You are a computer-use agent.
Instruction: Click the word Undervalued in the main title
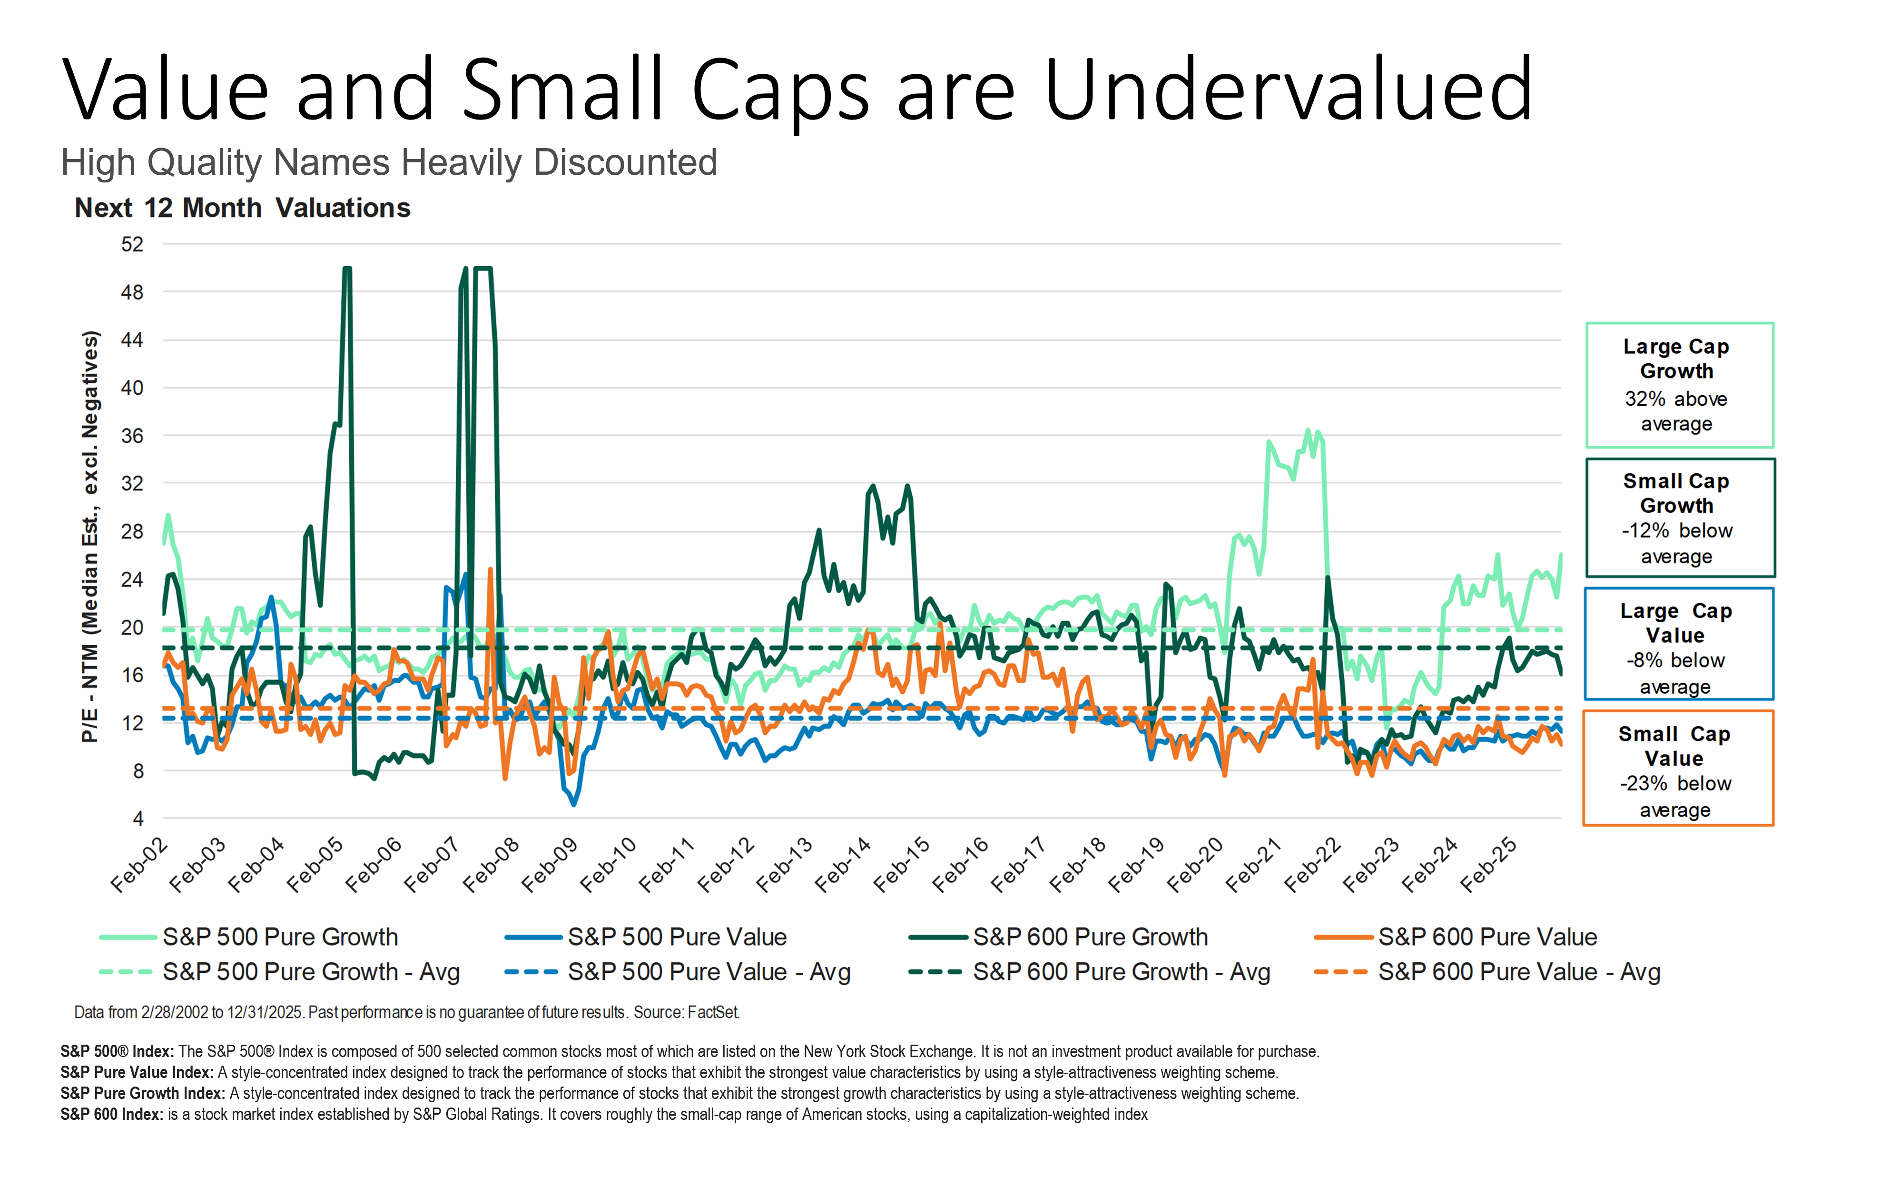(x=1288, y=90)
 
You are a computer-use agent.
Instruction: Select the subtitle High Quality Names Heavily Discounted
(x=389, y=162)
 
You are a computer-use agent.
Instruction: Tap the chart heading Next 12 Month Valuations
(x=242, y=208)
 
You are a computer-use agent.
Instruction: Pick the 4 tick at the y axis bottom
(x=138, y=819)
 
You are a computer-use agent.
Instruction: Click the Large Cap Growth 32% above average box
(x=1679, y=385)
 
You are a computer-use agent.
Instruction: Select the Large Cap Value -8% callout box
(x=1679, y=644)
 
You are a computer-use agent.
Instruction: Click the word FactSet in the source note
(x=714, y=1012)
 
